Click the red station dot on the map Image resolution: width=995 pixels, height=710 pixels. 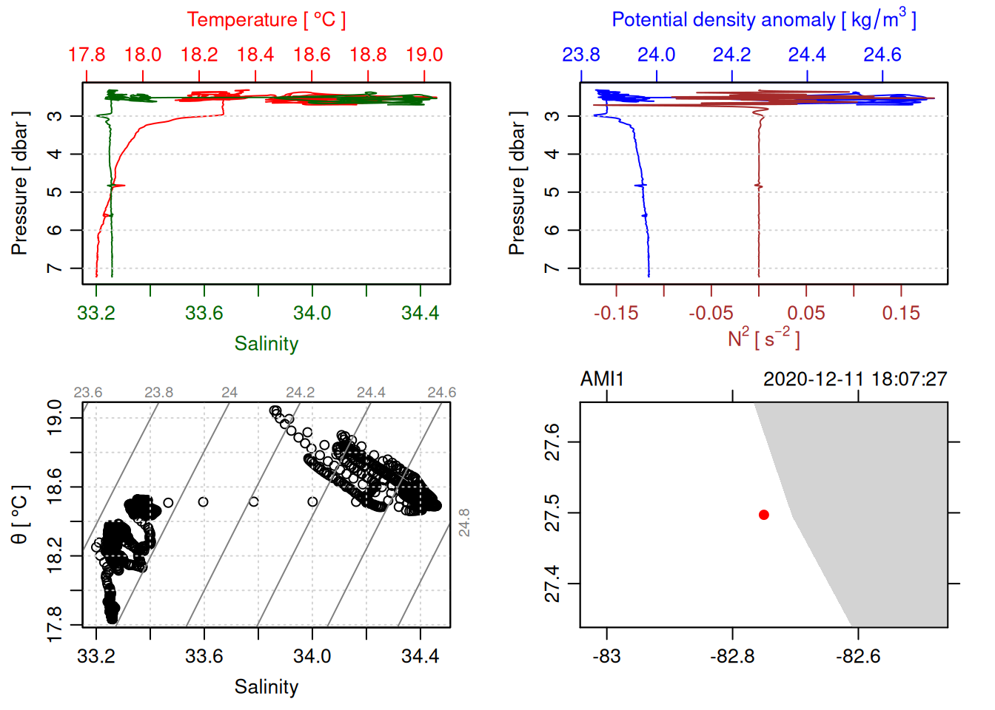coord(763,515)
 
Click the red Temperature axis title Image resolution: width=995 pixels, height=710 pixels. coord(266,20)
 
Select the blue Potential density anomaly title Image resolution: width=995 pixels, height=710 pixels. coord(763,20)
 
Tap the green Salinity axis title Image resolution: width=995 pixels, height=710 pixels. coord(266,344)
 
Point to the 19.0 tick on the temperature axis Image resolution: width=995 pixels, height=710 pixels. coord(424,55)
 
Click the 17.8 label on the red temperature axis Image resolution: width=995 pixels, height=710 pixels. coord(87,55)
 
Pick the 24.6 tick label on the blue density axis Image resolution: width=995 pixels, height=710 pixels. coord(882,55)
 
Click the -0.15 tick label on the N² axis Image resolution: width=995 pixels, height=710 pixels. coord(616,314)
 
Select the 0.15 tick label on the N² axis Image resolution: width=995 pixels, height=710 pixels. coord(901,314)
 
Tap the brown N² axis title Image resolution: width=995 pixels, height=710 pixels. coord(763,339)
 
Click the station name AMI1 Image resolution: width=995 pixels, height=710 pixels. coord(602,379)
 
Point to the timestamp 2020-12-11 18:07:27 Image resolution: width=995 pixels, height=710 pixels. coord(855,379)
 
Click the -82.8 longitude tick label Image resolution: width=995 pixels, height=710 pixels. coord(732,657)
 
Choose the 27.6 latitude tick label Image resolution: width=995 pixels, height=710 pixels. coord(552,442)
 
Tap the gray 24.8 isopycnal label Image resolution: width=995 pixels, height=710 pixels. coord(464,522)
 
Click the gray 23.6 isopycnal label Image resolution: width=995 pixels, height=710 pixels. coord(87,393)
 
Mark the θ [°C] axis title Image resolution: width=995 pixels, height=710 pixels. coord(19,515)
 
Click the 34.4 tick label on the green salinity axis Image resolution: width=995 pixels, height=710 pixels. coord(420,314)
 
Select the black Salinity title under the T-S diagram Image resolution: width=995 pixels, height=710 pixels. coord(266,687)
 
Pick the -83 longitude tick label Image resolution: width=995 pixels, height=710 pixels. coord(606,657)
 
